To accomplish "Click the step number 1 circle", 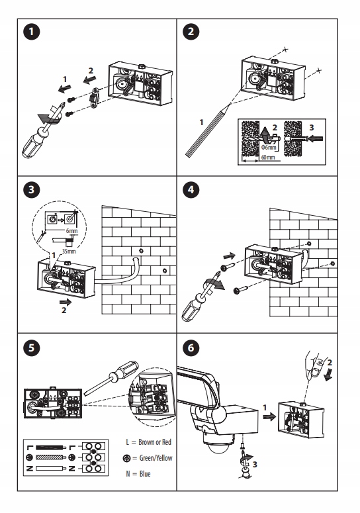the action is pyautogui.click(x=31, y=32).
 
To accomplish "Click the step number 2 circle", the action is pyautogui.click(x=191, y=32).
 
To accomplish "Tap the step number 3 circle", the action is pyautogui.click(x=31, y=190).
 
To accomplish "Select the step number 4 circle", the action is pyautogui.click(x=191, y=190).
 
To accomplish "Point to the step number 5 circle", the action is pyautogui.click(x=31, y=348).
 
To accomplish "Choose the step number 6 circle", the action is pyautogui.click(x=191, y=348).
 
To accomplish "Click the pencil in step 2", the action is pyautogui.click(x=208, y=130).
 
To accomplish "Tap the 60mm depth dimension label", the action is pyautogui.click(x=268, y=158).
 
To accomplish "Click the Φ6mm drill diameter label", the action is pyautogui.click(x=269, y=147).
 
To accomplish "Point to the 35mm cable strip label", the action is pyautogui.click(x=69, y=252).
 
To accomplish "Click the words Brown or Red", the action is pyautogui.click(x=155, y=442).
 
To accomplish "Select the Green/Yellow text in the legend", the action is pyautogui.click(x=156, y=458).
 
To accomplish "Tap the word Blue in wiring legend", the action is pyautogui.click(x=145, y=474).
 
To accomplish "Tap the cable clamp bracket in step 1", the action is pyautogui.click(x=94, y=97).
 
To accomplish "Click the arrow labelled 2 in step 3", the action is pyautogui.click(x=65, y=301).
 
